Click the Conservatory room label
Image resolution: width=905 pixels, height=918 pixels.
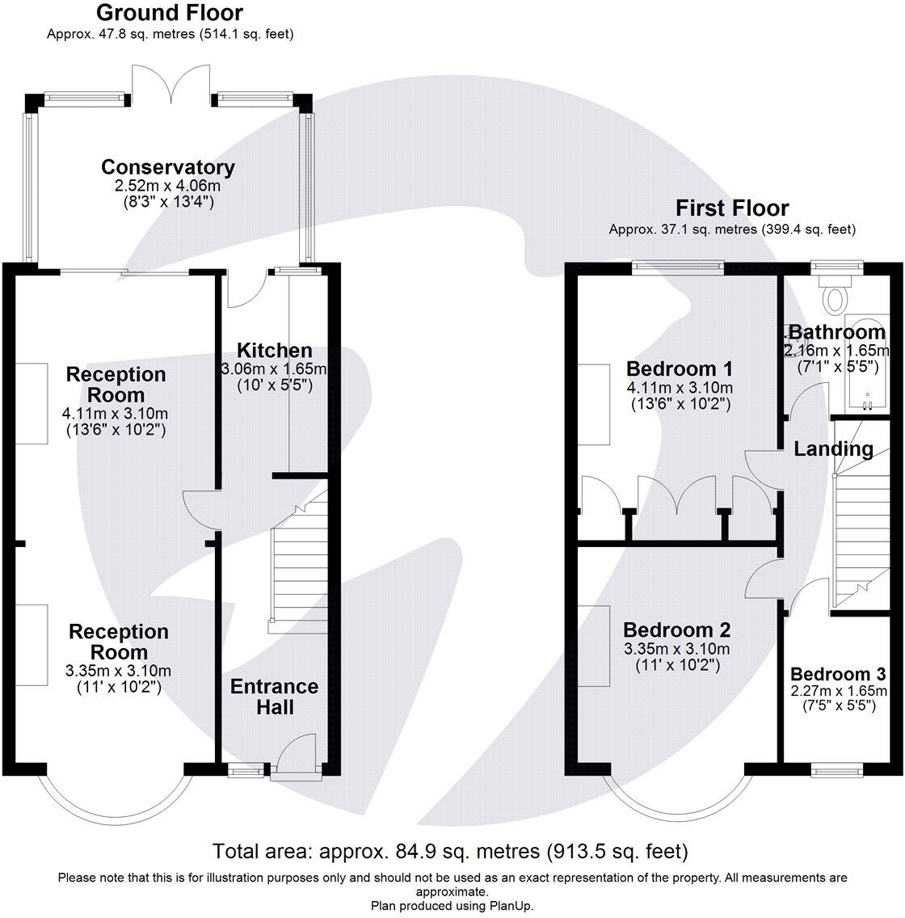click(168, 166)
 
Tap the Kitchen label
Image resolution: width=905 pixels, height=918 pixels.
click(275, 350)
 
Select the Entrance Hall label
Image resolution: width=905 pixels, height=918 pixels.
click(275, 697)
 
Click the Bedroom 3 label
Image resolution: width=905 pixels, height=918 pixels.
click(838, 674)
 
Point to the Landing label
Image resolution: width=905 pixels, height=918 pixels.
click(834, 449)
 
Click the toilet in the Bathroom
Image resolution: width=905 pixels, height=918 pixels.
click(836, 293)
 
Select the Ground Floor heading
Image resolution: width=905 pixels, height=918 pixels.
click(170, 12)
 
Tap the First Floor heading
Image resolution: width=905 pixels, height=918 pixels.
click(732, 208)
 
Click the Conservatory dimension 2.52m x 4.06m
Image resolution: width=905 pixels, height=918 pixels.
click(168, 186)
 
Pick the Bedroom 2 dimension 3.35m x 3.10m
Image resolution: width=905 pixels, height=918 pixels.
click(676, 649)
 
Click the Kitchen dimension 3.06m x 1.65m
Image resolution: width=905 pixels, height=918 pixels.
click(274, 369)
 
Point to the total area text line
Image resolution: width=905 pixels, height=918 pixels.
click(449, 851)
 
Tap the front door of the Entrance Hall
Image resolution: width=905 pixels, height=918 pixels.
click(297, 758)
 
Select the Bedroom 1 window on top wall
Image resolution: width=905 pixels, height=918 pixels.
click(678, 267)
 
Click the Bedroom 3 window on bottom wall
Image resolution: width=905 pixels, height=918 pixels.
click(836, 769)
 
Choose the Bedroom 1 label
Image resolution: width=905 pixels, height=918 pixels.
click(679, 368)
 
